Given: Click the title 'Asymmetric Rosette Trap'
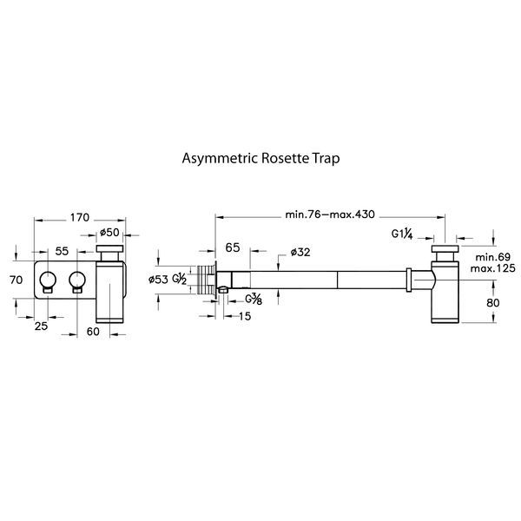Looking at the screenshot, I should pos(260,159).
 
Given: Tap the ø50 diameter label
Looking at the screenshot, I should pos(109,232).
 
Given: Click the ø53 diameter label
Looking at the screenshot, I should pos(158,279).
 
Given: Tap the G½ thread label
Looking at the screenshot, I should pos(179,279).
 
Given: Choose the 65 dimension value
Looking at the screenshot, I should pos(232,248).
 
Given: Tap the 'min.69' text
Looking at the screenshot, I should pos(492,257).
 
